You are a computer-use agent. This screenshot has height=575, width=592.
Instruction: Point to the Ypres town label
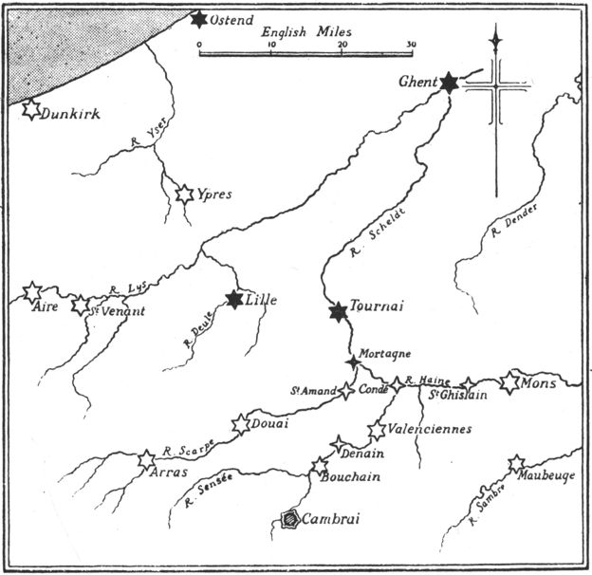(x=215, y=195)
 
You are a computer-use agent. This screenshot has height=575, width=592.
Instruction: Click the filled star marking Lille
(x=234, y=300)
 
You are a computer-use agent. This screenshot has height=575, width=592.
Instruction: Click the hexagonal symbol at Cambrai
(x=288, y=518)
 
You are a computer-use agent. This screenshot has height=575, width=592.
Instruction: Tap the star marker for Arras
(x=146, y=460)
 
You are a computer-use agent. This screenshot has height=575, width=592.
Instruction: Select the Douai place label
(x=271, y=424)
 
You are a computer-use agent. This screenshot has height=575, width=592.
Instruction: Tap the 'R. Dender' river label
(x=514, y=224)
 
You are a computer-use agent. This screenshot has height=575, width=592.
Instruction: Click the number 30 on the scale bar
(x=409, y=44)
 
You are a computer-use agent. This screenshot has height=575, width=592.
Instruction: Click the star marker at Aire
(x=31, y=291)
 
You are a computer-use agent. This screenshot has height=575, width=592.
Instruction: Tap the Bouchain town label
(x=355, y=478)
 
